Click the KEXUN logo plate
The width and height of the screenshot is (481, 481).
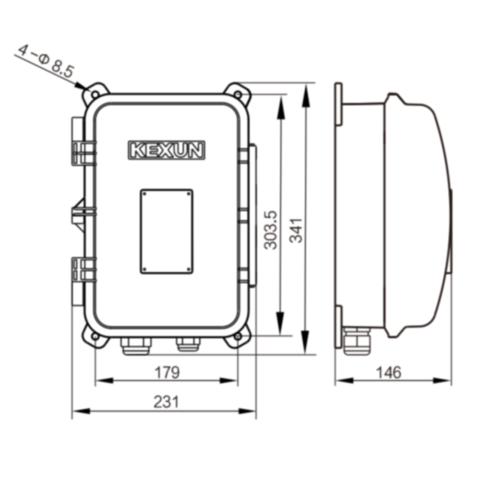click(x=166, y=150)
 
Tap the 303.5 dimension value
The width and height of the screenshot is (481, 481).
click(x=271, y=230)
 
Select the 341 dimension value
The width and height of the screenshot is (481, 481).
click(x=296, y=231)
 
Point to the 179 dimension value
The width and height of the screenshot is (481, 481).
click(x=167, y=373)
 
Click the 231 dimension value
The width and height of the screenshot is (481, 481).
click(x=166, y=402)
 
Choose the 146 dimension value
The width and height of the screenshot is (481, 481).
click(x=389, y=373)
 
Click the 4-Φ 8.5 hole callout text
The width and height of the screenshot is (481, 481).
click(x=46, y=62)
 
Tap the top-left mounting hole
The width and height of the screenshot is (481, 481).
click(x=95, y=94)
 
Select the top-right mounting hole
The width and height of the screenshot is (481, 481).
click(x=237, y=93)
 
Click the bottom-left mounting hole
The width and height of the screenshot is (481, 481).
click(x=95, y=337)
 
